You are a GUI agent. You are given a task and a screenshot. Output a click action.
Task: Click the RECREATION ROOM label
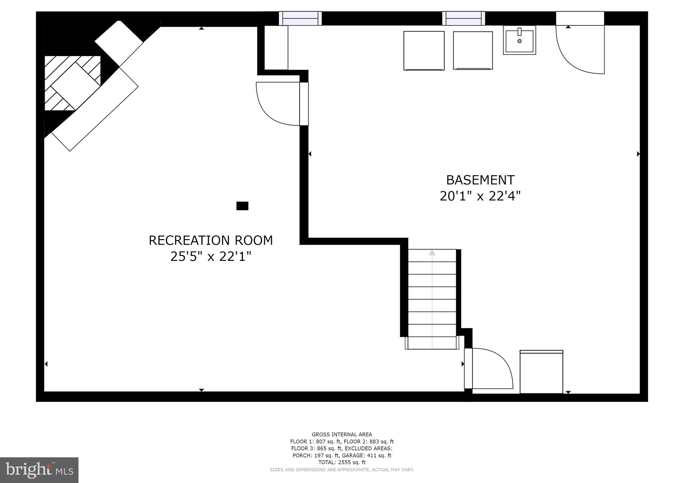pyautogui.click(x=210, y=240)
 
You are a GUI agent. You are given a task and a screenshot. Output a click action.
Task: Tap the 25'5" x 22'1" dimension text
pyautogui.click(x=210, y=257)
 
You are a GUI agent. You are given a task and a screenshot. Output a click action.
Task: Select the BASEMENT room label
pyautogui.click(x=480, y=180)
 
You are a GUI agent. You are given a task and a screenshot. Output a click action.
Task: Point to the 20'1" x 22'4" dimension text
pyautogui.click(x=480, y=196)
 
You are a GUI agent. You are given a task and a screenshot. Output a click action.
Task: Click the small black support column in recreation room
pyautogui.click(x=242, y=206)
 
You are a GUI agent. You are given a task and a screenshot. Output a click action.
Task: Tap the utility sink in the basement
pyautogui.click(x=519, y=40)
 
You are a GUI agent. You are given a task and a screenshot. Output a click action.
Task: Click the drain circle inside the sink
pyautogui.click(x=519, y=41)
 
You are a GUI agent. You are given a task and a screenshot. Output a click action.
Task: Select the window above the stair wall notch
pyautogui.click(x=300, y=18)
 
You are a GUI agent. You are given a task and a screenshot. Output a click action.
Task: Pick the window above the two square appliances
pyautogui.click(x=463, y=18)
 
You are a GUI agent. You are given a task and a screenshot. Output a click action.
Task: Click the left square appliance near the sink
pyautogui.click(x=424, y=50)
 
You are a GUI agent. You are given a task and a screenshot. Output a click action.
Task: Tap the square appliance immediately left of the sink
pyautogui.click(x=473, y=50)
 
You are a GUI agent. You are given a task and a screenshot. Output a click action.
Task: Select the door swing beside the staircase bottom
pyautogui.click(x=491, y=369)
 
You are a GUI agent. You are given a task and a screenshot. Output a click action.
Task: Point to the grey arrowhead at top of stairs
pyautogui.click(x=432, y=253)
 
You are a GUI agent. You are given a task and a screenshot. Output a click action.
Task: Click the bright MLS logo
pyautogui.click(x=39, y=470)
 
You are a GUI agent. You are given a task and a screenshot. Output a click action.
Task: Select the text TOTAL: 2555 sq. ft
pyautogui.click(x=342, y=462)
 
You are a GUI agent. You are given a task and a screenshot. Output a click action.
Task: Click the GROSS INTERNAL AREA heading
pyautogui.click(x=342, y=434)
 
